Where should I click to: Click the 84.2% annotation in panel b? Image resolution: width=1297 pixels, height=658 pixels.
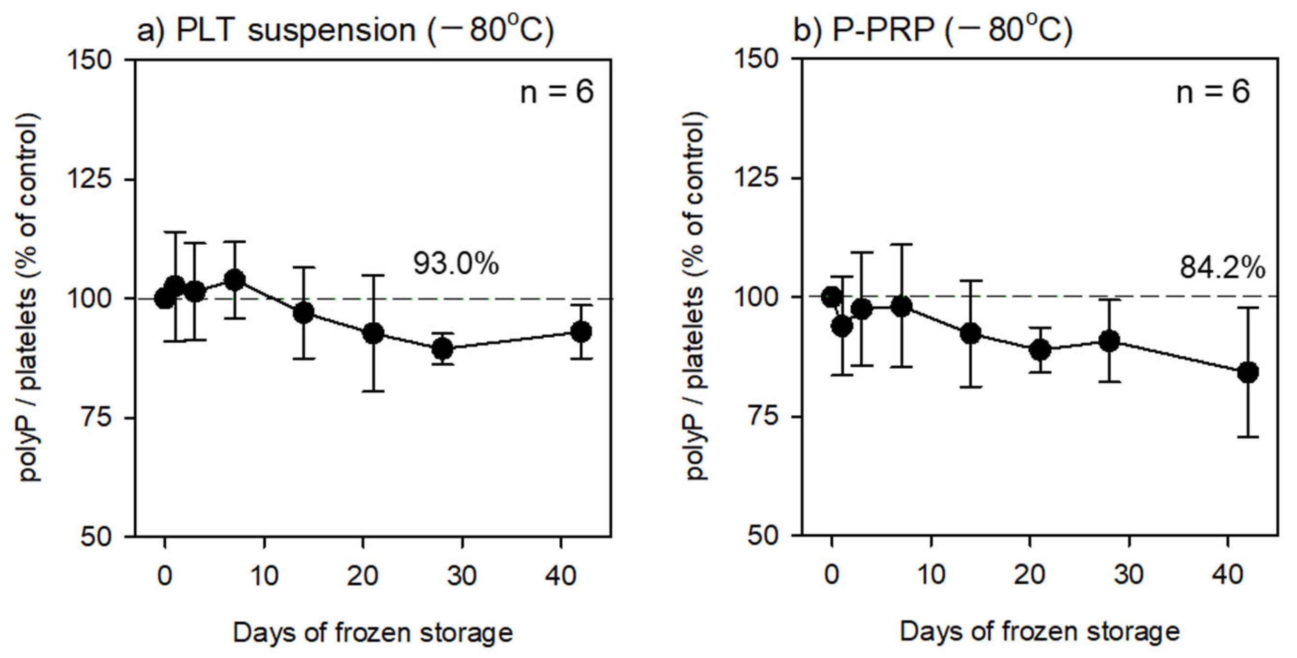click(1222, 268)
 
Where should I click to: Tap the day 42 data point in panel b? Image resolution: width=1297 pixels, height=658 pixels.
click(1248, 373)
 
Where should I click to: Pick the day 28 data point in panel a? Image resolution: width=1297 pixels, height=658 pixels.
click(443, 348)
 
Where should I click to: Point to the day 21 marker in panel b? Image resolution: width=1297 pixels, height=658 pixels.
click(1040, 349)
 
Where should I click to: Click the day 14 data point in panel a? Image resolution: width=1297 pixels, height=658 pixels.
click(303, 313)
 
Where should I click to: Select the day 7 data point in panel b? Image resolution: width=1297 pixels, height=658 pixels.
click(901, 306)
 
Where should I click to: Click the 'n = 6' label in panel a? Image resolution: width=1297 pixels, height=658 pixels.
click(557, 93)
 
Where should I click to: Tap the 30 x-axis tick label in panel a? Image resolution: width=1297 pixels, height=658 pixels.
click(462, 575)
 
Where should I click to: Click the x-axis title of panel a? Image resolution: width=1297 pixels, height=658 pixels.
click(373, 632)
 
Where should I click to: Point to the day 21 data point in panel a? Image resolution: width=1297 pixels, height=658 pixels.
click(373, 333)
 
